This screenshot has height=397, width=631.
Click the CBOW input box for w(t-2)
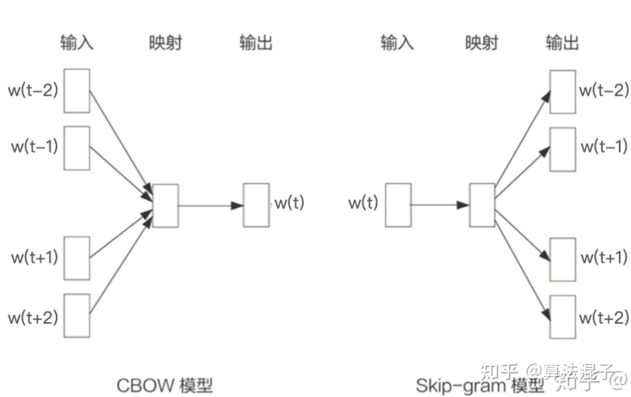[77, 91]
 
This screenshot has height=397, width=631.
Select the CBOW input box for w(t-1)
[77, 148]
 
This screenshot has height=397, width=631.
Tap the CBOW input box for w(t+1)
[77, 258]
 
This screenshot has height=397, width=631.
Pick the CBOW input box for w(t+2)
[77, 316]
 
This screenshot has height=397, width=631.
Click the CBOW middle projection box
[165, 206]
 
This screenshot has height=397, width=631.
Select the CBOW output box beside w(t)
[256, 205]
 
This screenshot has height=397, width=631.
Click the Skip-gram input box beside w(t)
[398, 205]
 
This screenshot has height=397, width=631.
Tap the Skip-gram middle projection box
[482, 205]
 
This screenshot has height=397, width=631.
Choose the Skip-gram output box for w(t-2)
[563, 92]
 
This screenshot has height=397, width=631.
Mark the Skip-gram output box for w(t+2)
[563, 317]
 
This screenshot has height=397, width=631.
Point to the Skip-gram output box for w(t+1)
[563, 259]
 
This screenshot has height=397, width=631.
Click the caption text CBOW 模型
[165, 385]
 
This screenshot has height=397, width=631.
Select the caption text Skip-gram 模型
[480, 386]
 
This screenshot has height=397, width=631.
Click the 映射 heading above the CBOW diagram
[165, 43]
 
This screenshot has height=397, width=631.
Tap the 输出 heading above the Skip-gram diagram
[562, 43]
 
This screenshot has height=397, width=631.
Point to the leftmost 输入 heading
[77, 43]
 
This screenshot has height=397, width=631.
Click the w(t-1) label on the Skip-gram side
[604, 147]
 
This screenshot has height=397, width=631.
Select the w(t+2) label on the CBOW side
[33, 317]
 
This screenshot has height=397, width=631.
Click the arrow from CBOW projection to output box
[210, 206]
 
